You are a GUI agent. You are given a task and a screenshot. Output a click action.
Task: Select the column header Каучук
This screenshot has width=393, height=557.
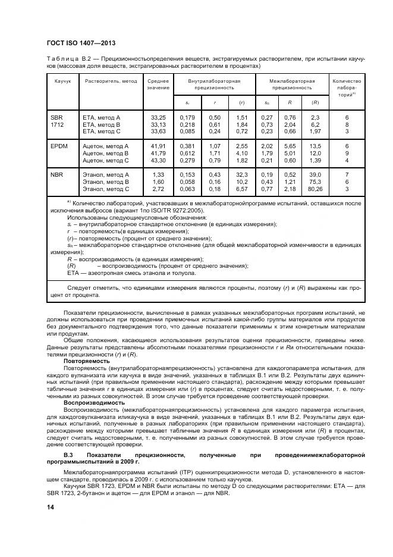pyautogui.click(x=62, y=81)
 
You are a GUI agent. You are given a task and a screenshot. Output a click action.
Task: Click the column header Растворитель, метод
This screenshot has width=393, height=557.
pyautogui.click(x=111, y=81)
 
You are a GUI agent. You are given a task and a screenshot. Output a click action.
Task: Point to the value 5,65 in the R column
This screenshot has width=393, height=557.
pyautogui.click(x=290, y=146)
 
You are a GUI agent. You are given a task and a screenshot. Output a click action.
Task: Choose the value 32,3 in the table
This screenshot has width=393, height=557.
pyautogui.click(x=241, y=174)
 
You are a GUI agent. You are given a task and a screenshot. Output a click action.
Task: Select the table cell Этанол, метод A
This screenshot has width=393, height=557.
pyautogui.click(x=105, y=174)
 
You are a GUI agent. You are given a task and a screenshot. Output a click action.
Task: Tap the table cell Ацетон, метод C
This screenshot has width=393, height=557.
pyautogui.click(x=105, y=160)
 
